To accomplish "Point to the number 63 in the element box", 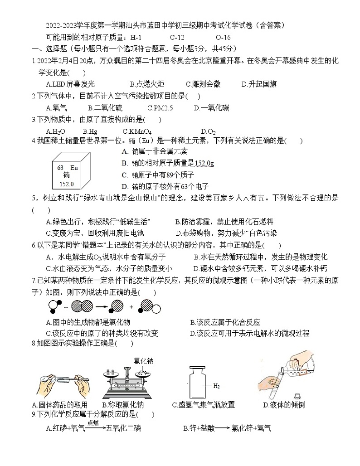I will (60, 167).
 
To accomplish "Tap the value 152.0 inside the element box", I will (67, 184).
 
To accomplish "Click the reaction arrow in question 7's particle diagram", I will (102, 307).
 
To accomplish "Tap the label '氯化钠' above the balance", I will (143, 361).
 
